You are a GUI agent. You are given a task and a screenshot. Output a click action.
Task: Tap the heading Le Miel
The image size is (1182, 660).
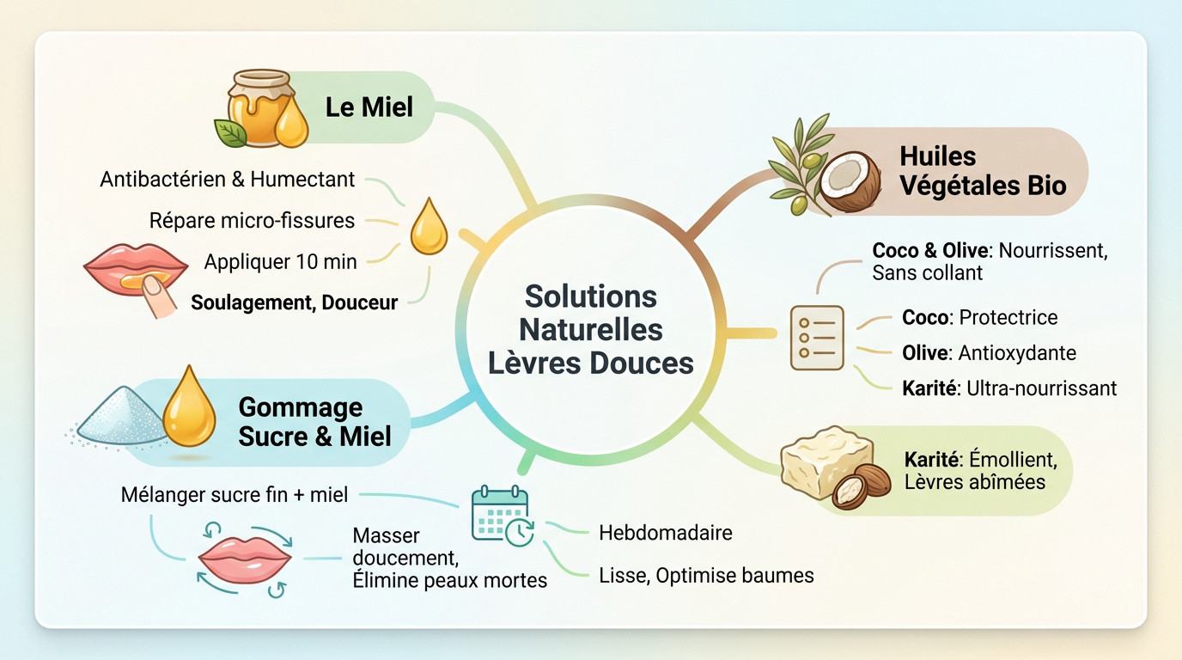pyautogui.click(x=369, y=107)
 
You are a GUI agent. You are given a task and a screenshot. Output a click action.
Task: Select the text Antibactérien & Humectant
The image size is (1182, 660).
pyautogui.click(x=227, y=180)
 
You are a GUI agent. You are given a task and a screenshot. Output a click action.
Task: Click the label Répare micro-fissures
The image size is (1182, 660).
pyautogui.click(x=252, y=221)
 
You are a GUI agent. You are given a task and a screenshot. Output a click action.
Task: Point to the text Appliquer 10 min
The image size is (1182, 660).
pyautogui.click(x=280, y=262)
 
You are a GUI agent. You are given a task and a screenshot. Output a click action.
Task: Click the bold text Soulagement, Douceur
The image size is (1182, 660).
pyautogui.click(x=294, y=302)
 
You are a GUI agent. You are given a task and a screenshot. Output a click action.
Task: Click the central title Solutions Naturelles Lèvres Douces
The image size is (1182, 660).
pyautogui.click(x=590, y=329)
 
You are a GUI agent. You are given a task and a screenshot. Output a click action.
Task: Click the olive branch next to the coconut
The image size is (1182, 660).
pyautogui.click(x=797, y=163)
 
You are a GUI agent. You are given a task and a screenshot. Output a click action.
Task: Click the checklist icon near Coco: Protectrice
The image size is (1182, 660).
pyautogui.click(x=816, y=338)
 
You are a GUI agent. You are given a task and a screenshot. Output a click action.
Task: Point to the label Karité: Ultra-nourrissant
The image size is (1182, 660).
pyautogui.click(x=1009, y=388)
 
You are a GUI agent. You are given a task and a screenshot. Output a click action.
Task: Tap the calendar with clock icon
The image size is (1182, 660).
pyautogui.click(x=501, y=515)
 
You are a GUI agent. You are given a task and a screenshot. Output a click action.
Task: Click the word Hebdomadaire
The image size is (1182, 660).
pyautogui.click(x=665, y=533)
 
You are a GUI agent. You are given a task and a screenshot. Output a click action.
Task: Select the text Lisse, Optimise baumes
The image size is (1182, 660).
pyautogui.click(x=705, y=576)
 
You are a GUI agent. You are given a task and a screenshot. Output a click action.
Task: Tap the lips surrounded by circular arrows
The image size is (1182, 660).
pyautogui.click(x=244, y=558)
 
